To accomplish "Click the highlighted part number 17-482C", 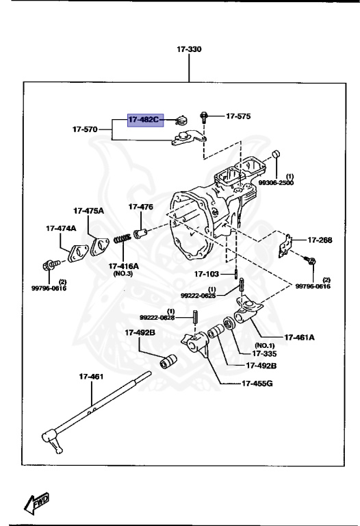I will [143, 119].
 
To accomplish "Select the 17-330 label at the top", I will [190, 50].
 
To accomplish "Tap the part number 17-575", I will [238, 116].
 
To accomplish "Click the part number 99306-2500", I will [277, 184].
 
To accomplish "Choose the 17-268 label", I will [319, 240].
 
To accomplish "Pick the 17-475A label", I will [89, 211].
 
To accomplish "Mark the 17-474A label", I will [61, 228].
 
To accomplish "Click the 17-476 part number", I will [140, 206].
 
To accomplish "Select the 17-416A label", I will [123, 265].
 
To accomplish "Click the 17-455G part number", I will [257, 382].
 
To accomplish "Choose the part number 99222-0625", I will [198, 295].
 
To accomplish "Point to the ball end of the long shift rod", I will [51, 434].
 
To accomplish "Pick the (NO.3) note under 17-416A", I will [123, 273].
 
